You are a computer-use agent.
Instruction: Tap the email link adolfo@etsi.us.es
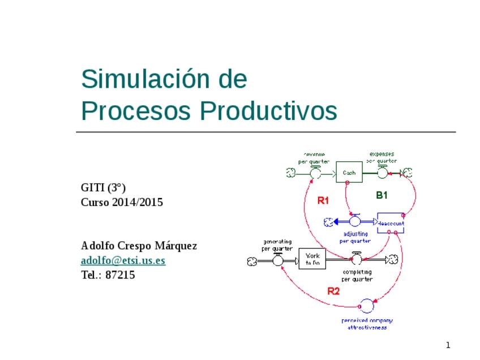point(123,260)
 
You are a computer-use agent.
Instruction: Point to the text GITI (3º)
point(103,187)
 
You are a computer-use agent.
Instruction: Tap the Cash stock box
point(349,172)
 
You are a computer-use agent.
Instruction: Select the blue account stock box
point(391,222)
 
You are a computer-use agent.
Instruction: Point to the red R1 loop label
point(323,200)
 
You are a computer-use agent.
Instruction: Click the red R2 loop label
point(333,292)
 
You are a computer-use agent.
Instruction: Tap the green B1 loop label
point(382,195)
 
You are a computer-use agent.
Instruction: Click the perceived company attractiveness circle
point(366,307)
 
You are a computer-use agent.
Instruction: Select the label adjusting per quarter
point(355,237)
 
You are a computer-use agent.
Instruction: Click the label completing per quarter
point(357,275)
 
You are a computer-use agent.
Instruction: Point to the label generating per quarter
point(277,245)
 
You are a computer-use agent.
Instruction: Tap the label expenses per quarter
point(382,157)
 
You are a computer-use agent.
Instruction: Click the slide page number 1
point(447,345)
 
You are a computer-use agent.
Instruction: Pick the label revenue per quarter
point(314,158)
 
